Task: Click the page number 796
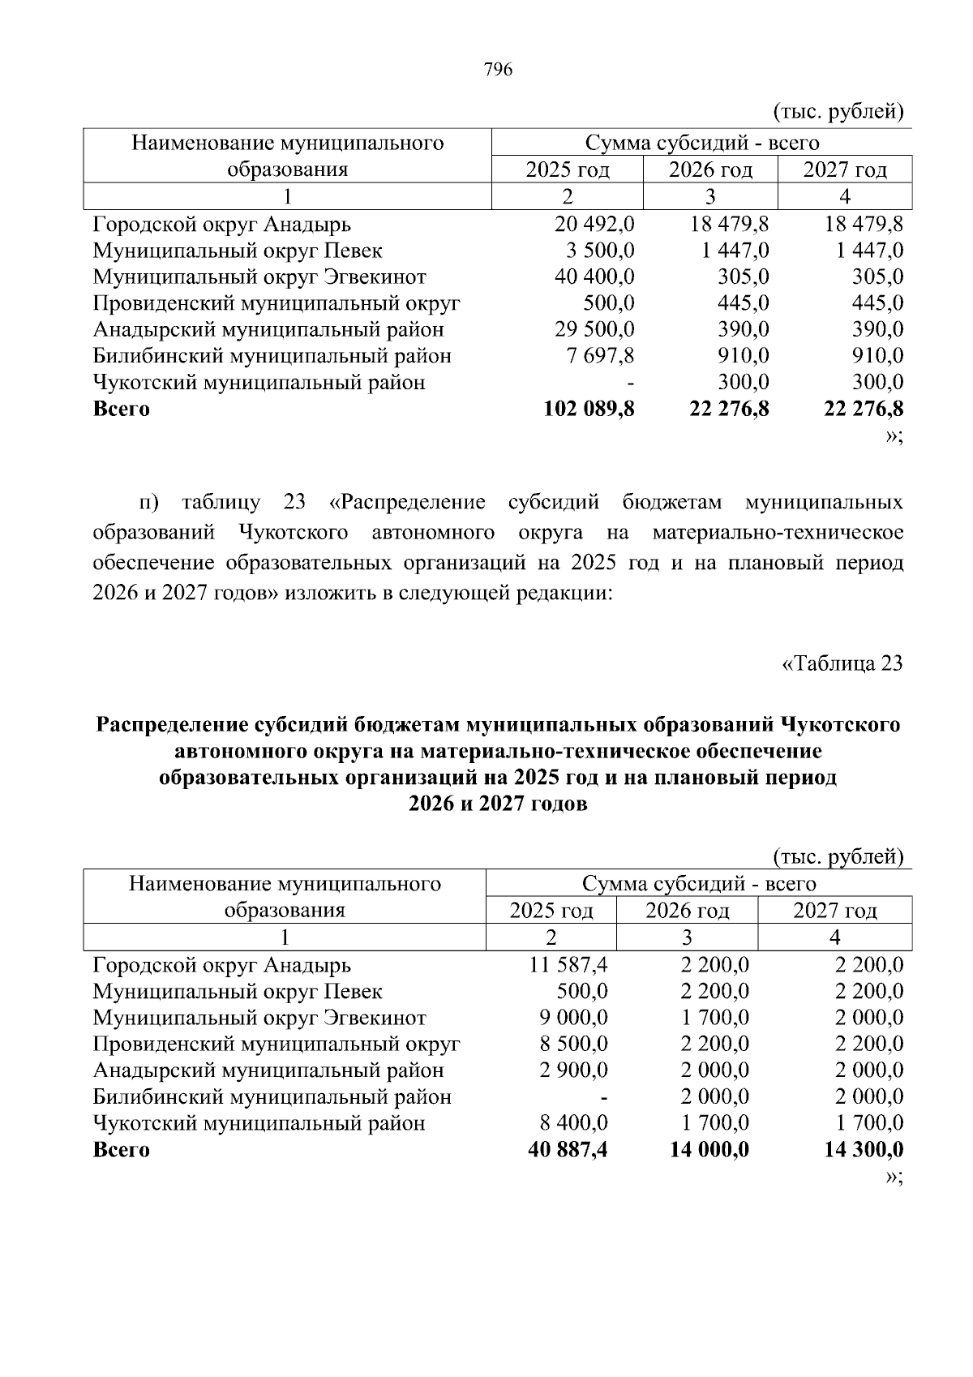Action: click(498, 70)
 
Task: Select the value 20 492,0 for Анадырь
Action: click(594, 224)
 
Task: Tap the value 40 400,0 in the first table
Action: click(594, 277)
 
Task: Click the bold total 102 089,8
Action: click(589, 409)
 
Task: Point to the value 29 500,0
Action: click(594, 330)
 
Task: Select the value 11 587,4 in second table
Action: click(568, 965)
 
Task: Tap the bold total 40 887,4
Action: click(568, 1150)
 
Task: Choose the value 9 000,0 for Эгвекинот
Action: click(573, 1018)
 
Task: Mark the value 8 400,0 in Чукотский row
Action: click(573, 1123)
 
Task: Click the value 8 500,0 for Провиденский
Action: click(573, 1044)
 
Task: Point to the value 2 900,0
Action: click(573, 1070)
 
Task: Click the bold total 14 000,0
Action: click(709, 1150)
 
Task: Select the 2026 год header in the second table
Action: click(687, 911)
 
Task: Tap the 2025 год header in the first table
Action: click(568, 170)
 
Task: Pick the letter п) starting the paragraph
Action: click(151, 503)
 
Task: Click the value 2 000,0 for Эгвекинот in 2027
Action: click(869, 1018)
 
